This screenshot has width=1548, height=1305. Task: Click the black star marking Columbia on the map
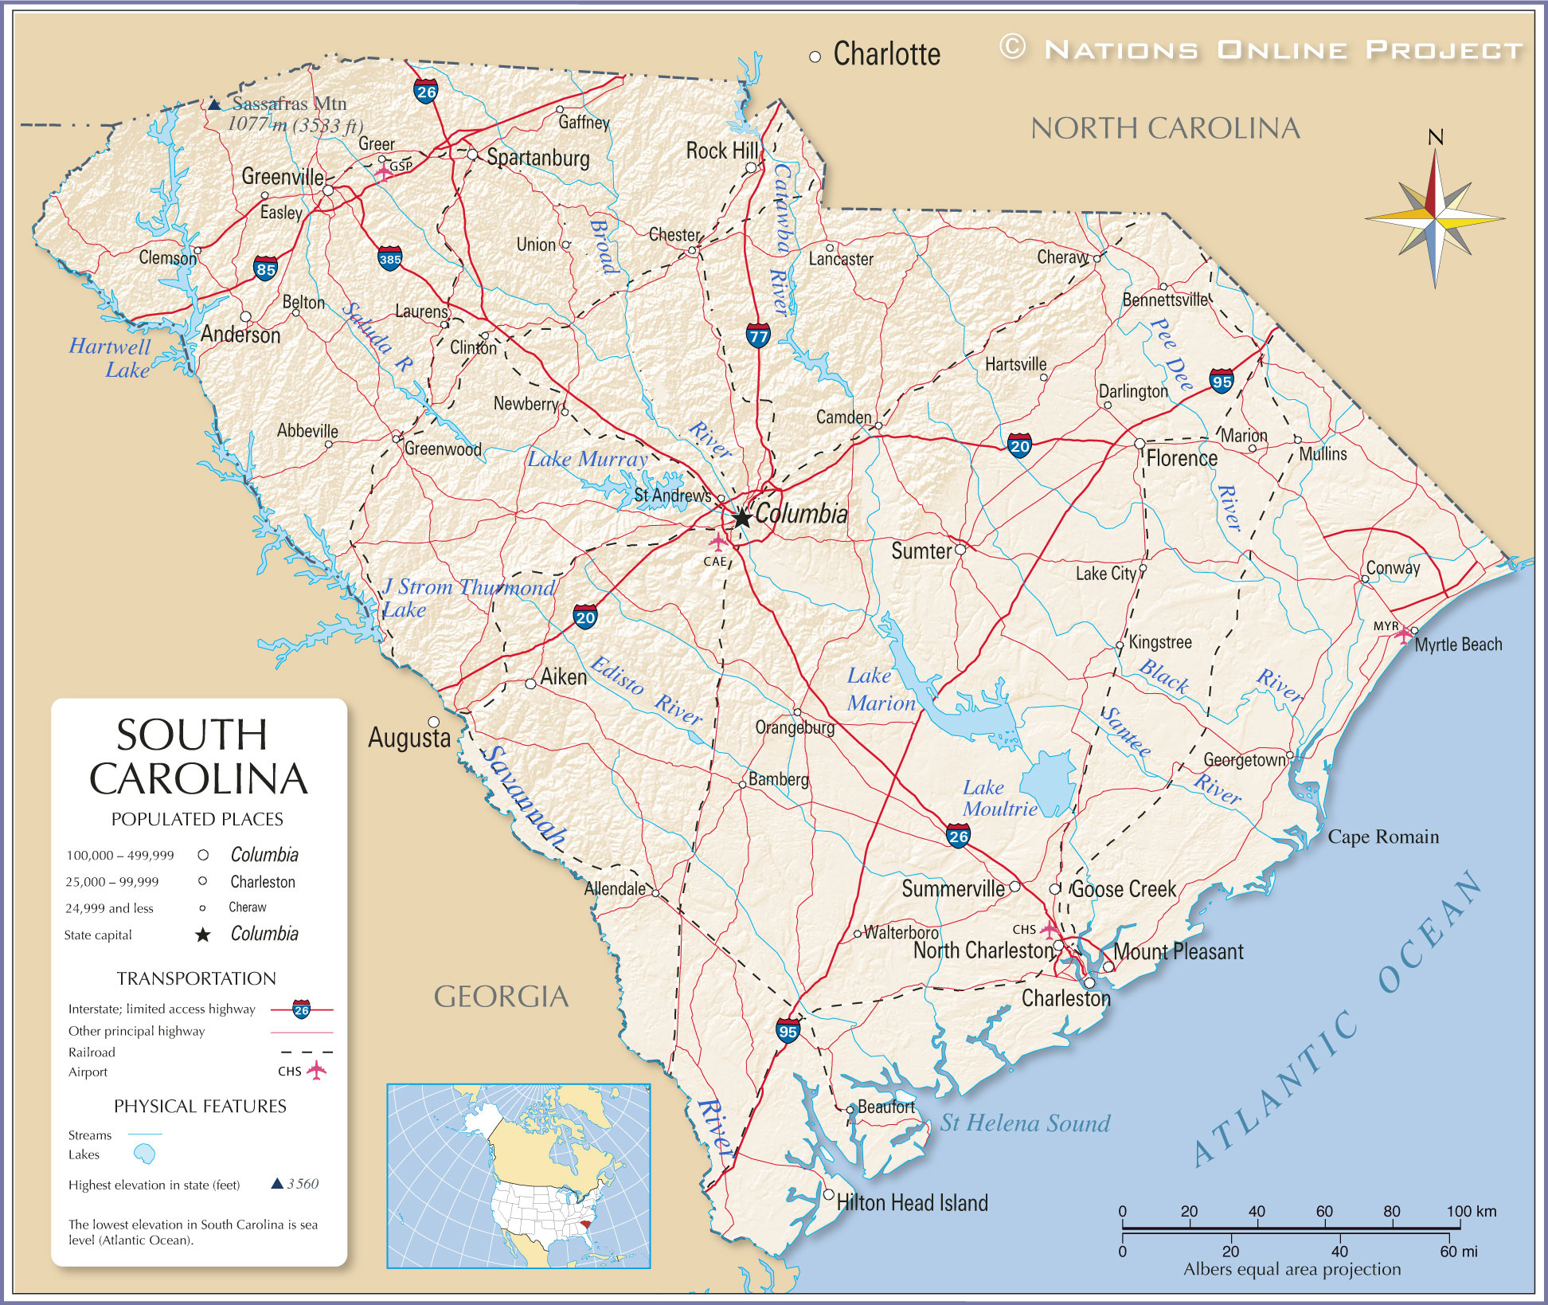click(741, 517)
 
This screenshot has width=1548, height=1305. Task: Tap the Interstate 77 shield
click(758, 335)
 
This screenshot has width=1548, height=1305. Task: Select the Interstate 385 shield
click(389, 258)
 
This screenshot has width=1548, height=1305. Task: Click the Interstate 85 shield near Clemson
click(265, 268)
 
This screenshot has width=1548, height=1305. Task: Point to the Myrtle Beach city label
click(1458, 645)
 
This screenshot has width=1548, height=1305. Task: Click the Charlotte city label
click(886, 54)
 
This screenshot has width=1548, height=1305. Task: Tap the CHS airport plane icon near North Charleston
click(1050, 929)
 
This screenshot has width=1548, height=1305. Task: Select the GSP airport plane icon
click(384, 171)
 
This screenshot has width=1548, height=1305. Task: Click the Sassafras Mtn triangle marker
click(214, 104)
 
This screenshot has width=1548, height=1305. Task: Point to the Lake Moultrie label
click(999, 798)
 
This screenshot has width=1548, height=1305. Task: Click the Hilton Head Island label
click(912, 1203)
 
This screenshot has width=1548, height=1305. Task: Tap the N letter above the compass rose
click(1435, 138)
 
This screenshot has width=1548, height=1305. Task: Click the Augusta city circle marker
click(434, 722)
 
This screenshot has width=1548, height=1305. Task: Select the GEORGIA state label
click(501, 997)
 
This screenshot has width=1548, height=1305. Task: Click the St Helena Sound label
click(1025, 1123)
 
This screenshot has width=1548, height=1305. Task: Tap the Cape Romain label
click(1383, 837)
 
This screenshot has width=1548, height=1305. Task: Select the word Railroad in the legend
click(92, 1052)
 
